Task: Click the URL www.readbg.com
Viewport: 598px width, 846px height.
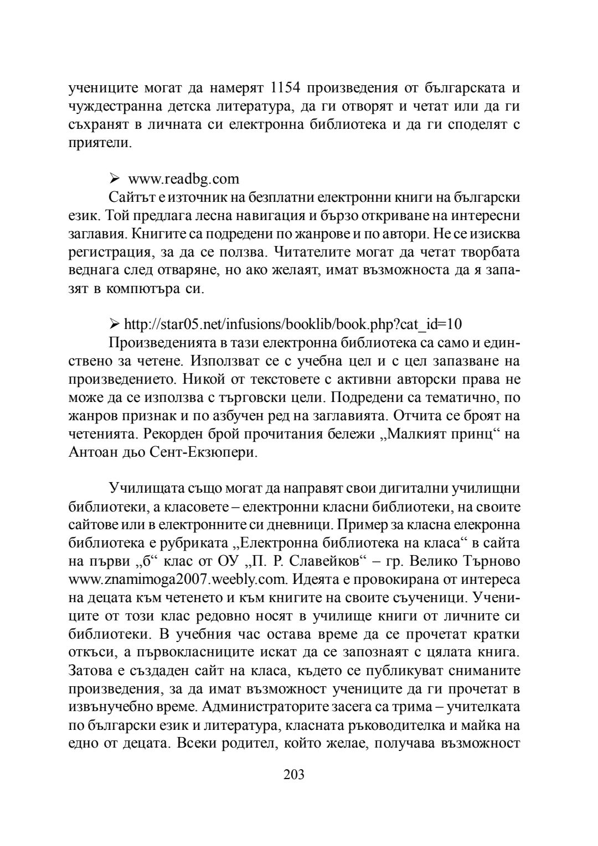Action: [184, 179]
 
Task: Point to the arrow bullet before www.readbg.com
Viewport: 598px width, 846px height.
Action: [115, 179]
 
